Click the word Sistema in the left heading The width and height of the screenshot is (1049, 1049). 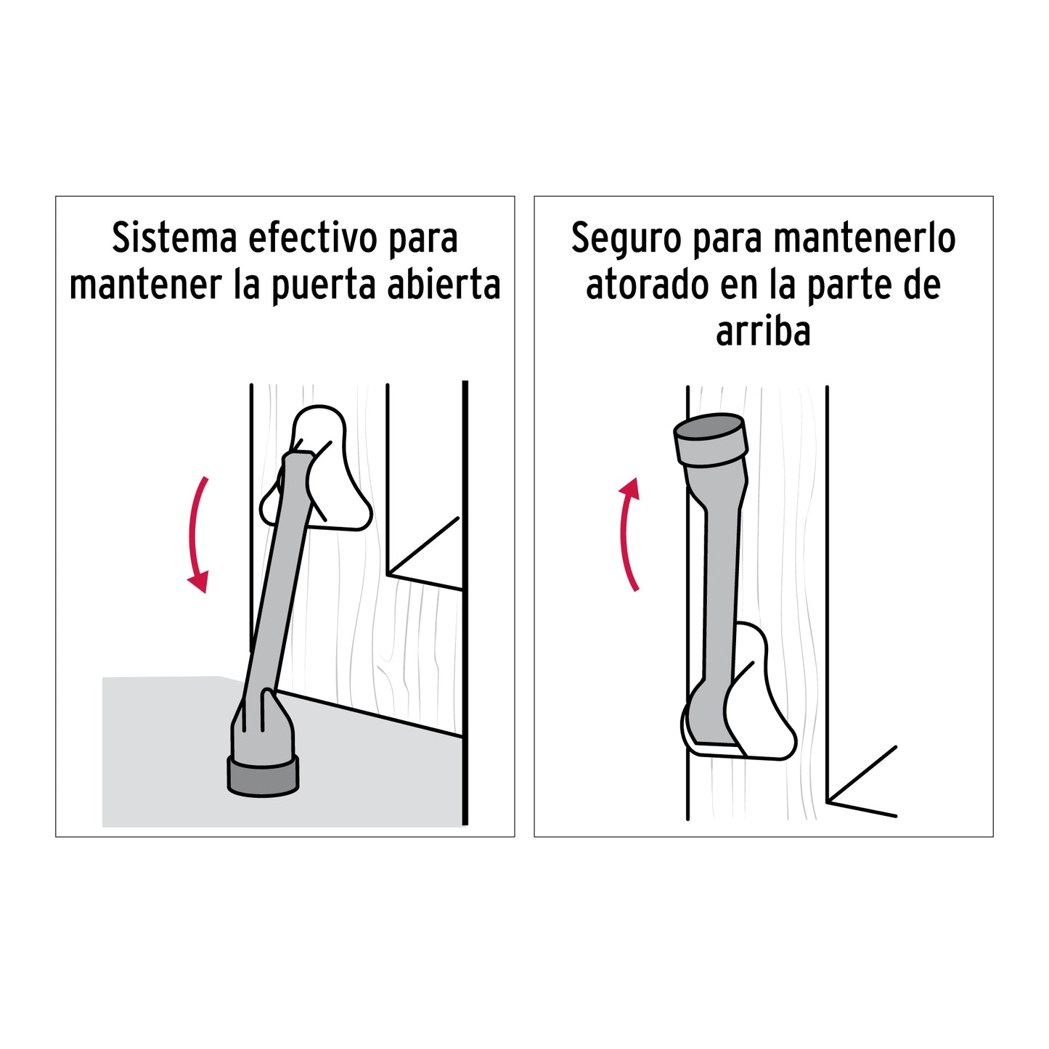(174, 238)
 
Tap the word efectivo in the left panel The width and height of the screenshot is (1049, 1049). (313, 238)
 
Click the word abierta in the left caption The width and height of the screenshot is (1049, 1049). (444, 285)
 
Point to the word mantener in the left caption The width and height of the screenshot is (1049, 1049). (145, 285)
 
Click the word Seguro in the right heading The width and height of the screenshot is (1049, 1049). (626, 240)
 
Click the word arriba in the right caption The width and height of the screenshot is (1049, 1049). (763, 331)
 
